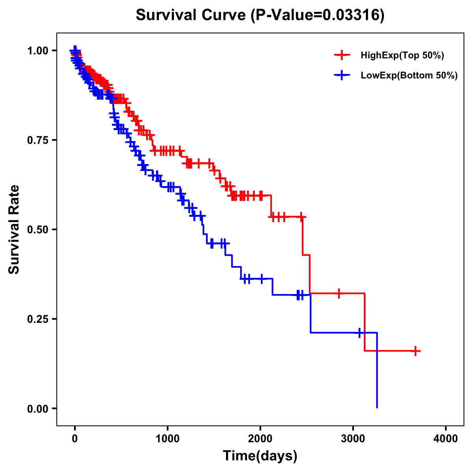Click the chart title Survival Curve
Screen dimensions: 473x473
(192, 15)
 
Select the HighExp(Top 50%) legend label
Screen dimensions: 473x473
(402, 56)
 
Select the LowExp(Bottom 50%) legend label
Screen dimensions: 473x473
(409, 76)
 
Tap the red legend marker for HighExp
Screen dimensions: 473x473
(342, 56)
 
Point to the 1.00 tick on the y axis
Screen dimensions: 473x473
(38, 50)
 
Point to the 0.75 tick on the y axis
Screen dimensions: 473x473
(38, 140)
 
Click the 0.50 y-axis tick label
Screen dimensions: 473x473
(38, 229)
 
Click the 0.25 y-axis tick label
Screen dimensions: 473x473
(38, 319)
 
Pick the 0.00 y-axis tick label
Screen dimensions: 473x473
(38, 408)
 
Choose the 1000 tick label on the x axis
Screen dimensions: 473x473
(168, 439)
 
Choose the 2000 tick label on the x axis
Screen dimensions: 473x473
(260, 439)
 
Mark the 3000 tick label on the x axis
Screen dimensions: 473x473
(353, 439)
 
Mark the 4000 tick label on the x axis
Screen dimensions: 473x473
(446, 439)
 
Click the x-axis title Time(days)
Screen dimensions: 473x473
(260, 456)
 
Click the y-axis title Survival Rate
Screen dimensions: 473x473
(14, 229)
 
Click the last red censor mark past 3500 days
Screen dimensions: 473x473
(415, 351)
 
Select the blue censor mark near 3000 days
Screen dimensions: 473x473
(359, 333)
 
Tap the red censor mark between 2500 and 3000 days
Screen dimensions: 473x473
(339, 293)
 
